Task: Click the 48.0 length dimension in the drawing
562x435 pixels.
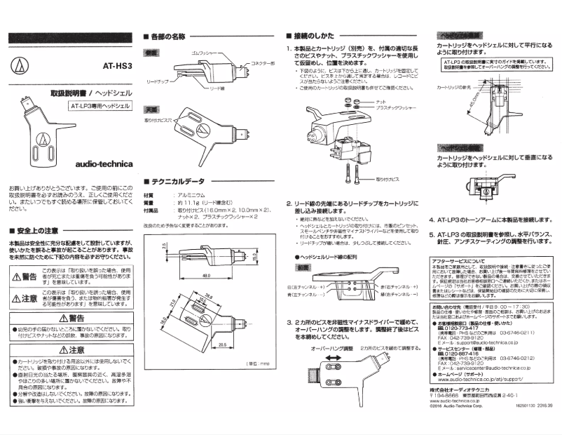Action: (207, 257)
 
